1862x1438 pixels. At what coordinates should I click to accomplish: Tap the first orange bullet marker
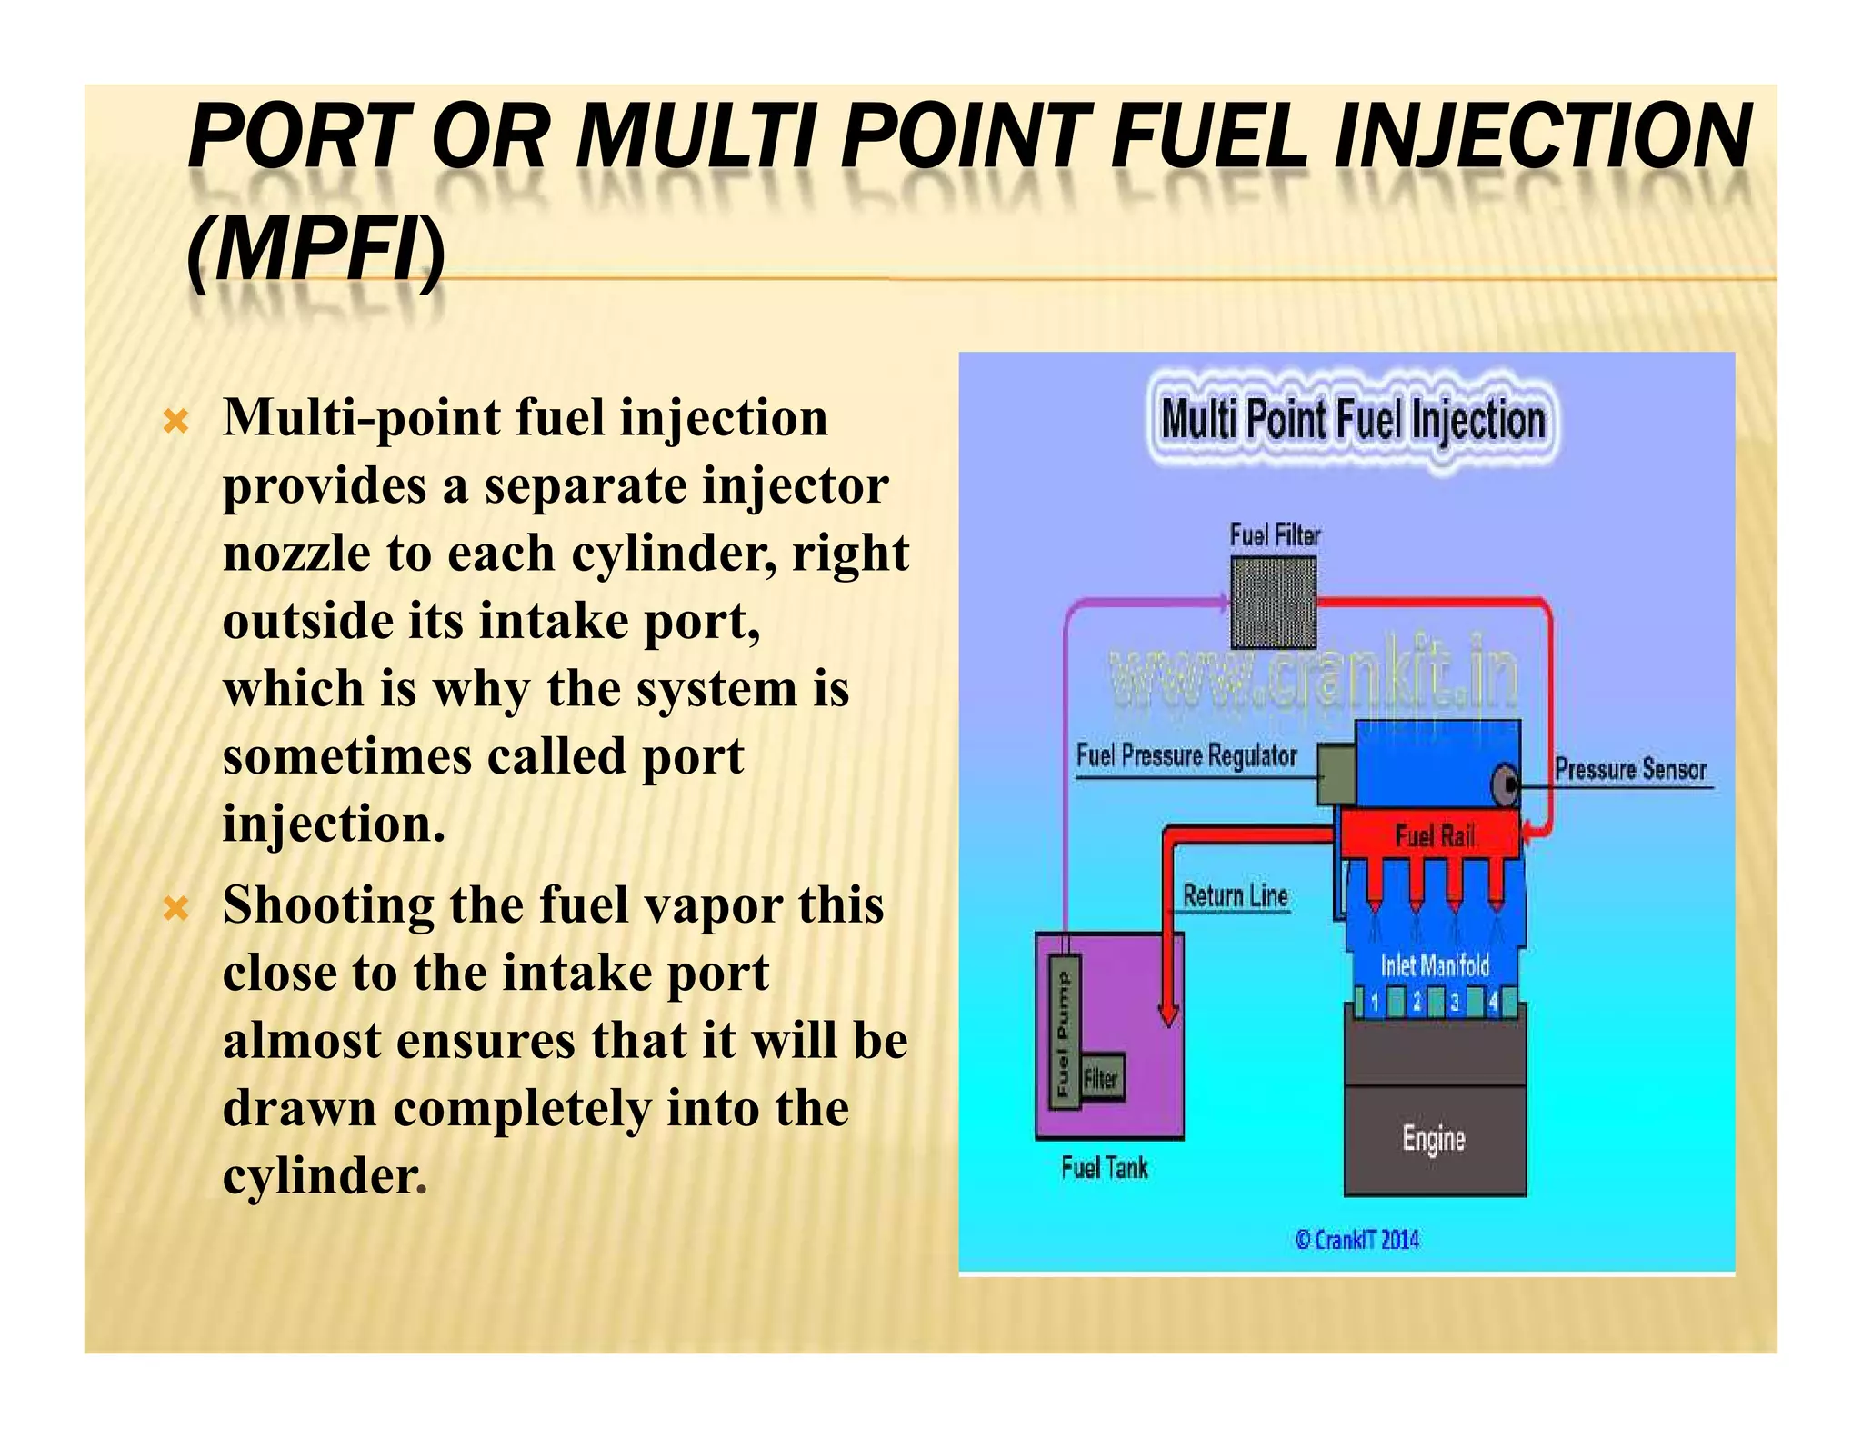(175, 421)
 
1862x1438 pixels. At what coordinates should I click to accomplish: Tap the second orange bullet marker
(175, 908)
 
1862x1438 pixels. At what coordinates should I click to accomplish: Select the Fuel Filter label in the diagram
(1275, 535)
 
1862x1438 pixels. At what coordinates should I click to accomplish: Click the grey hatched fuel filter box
(1273, 602)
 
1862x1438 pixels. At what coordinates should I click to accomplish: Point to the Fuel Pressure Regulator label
(1186, 756)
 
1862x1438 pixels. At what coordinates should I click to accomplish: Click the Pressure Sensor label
(1630, 770)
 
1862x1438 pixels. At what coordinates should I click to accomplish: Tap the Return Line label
(1236, 896)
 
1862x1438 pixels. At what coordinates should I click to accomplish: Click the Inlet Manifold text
(1435, 965)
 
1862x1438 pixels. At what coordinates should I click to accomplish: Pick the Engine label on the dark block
(1434, 1138)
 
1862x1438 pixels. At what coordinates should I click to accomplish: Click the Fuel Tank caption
(1105, 1168)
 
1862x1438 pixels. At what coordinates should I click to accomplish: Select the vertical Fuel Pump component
(1065, 1033)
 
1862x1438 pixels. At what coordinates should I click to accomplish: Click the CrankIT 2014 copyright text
(1357, 1240)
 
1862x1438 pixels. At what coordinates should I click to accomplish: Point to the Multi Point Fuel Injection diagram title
(1353, 421)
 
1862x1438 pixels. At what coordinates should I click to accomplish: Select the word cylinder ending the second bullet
(320, 1176)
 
